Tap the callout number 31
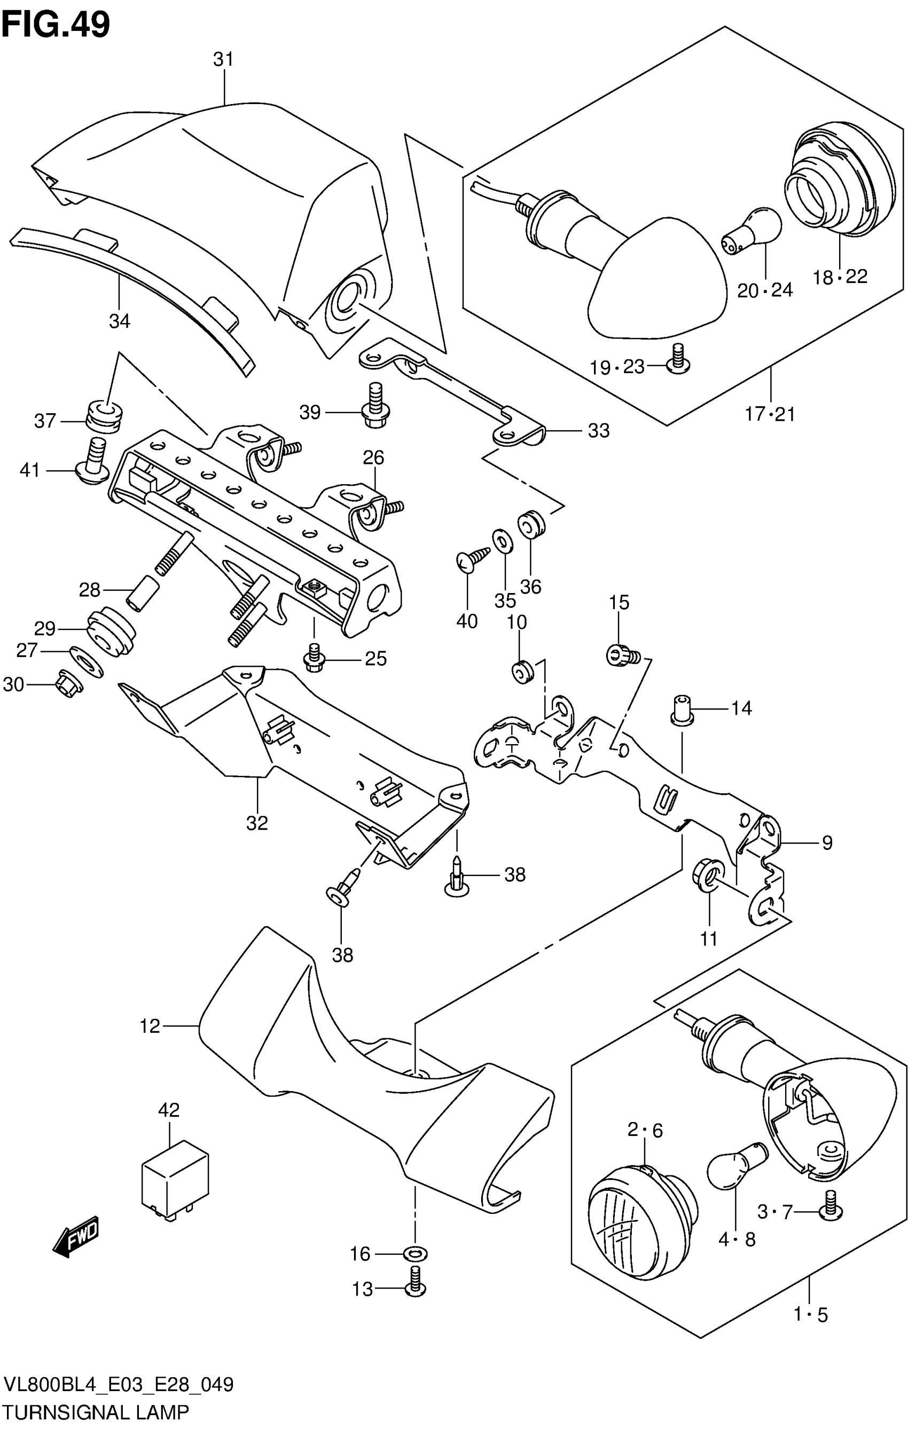click(223, 59)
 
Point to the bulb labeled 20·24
click(751, 230)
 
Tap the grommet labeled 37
click(105, 415)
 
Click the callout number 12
click(150, 1026)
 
